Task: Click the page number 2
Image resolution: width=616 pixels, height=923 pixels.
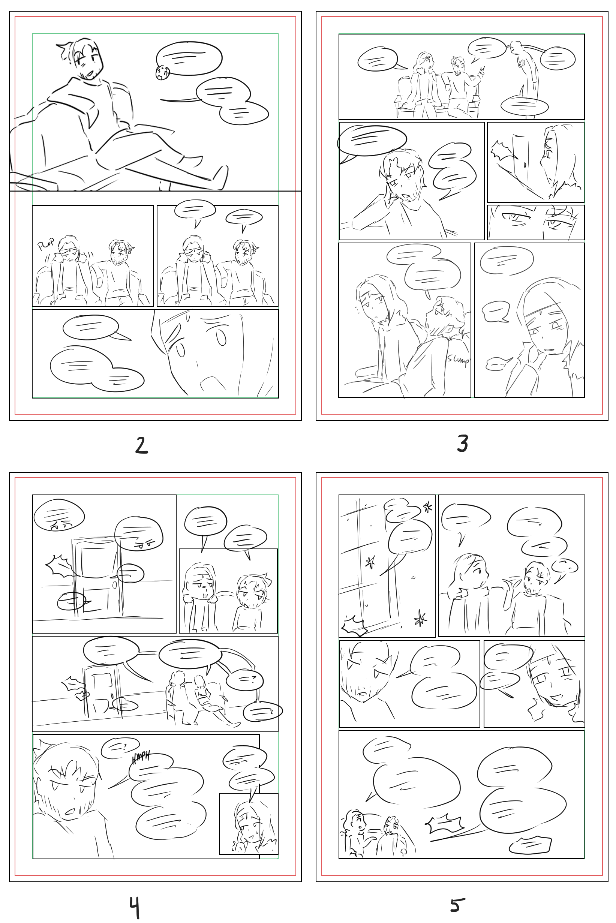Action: [x=141, y=445]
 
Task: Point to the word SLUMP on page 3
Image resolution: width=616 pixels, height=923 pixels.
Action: [x=458, y=359]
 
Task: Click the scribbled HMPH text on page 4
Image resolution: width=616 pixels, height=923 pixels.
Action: [x=141, y=758]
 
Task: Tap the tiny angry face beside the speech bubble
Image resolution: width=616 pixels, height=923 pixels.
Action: [x=162, y=73]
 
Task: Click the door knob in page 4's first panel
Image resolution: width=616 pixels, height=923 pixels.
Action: [x=114, y=585]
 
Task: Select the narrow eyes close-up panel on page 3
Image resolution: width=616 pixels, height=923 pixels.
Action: [x=535, y=222]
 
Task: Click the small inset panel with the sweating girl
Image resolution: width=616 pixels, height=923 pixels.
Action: [x=248, y=823]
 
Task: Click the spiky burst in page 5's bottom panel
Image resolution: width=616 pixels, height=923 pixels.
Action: [x=445, y=824]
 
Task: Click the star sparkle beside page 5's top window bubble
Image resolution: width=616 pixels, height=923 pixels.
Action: [x=427, y=507]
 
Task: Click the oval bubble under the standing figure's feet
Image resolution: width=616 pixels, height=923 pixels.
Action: [x=524, y=105]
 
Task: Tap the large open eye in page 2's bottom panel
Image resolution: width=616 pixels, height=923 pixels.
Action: [x=221, y=337]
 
